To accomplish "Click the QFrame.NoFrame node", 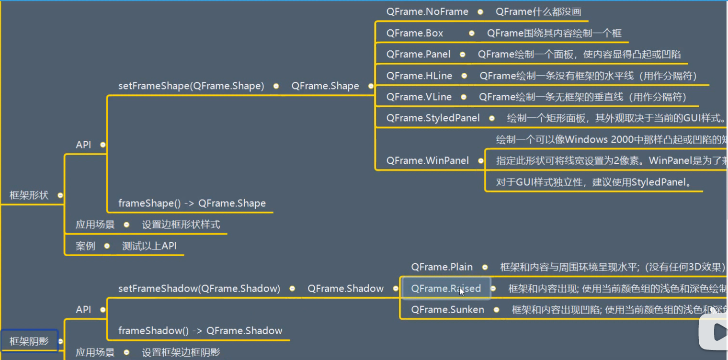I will click(427, 12).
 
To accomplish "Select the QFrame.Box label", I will click(415, 34).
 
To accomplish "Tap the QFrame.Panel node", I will click(418, 55).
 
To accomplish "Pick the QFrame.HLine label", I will click(419, 76).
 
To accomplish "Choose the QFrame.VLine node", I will click(419, 97).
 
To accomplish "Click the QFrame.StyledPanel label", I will click(433, 118).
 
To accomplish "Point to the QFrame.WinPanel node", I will click(427, 160).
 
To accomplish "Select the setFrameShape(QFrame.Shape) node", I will click(191, 86).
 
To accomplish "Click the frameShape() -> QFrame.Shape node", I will click(192, 203).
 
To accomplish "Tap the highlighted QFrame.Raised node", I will click(446, 289).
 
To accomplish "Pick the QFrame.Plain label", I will click(442, 267).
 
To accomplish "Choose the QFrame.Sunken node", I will click(447, 310).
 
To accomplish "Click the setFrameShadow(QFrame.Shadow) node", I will click(199, 289).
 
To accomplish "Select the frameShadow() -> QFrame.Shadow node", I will click(200, 331).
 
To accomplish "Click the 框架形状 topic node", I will click(29, 195).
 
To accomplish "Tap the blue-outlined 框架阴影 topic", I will click(29, 341).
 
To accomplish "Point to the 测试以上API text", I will click(149, 246).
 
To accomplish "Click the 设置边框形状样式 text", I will click(181, 225).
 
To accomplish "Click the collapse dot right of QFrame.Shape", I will click(371, 86).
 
